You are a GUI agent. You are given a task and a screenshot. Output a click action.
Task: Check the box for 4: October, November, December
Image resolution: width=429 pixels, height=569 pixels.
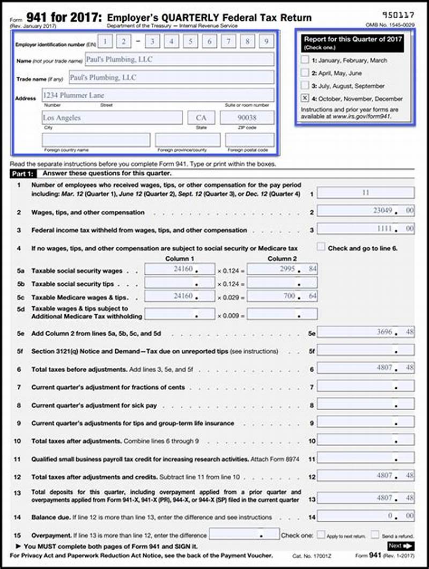305,98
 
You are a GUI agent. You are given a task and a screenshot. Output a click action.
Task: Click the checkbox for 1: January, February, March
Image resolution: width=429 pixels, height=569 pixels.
305,60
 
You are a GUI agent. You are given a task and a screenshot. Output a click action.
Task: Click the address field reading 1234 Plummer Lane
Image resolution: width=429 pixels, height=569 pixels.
158,95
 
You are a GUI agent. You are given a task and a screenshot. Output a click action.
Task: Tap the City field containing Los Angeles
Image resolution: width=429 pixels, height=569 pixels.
112,117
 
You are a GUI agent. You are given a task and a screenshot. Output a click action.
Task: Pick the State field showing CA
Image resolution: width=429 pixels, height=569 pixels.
201,117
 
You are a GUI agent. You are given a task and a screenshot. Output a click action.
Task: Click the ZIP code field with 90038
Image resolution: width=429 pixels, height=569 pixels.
247,117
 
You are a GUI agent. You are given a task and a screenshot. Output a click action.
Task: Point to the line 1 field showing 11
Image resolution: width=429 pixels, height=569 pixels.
366,193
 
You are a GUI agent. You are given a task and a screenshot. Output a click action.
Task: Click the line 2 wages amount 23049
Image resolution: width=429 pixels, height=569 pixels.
366,211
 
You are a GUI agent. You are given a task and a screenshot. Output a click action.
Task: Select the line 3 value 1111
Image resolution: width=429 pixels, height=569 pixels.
366,229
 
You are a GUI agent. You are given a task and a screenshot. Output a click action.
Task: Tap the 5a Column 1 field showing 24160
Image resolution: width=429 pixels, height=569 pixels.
180,270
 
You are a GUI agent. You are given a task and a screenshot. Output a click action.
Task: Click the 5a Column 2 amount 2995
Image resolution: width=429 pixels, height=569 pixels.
282,270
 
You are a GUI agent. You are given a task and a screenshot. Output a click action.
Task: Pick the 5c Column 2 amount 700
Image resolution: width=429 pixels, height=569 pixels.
282,297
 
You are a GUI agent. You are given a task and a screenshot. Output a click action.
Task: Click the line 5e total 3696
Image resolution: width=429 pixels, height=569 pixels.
366,332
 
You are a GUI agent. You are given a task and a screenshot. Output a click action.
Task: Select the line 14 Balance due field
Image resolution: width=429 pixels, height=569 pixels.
366,516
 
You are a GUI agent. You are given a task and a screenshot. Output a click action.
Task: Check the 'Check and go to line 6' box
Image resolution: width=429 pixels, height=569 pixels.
321,247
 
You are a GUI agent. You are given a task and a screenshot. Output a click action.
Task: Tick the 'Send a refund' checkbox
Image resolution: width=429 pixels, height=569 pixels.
375,535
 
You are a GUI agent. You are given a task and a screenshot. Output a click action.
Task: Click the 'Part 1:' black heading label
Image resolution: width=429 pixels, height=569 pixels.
23,173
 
